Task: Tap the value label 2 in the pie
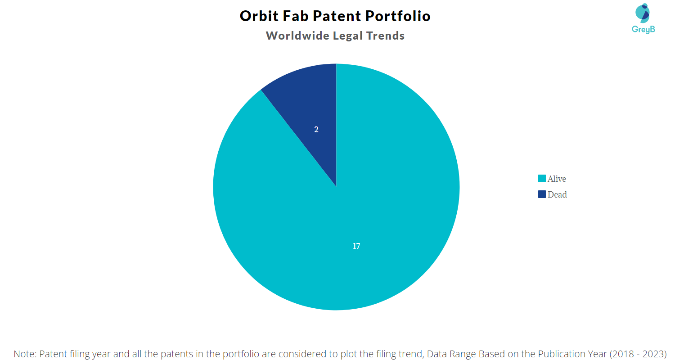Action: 316,130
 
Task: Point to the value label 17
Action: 356,246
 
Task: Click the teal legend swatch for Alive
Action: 542,179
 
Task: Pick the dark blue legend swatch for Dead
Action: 542,194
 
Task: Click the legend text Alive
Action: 557,179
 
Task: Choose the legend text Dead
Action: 557,194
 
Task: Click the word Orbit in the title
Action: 259,16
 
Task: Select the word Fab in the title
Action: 296,16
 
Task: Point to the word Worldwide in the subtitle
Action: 297,36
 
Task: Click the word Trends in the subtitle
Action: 385,36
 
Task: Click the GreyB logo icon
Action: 643,13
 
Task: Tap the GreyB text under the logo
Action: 643,30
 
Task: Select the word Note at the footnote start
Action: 25,354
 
